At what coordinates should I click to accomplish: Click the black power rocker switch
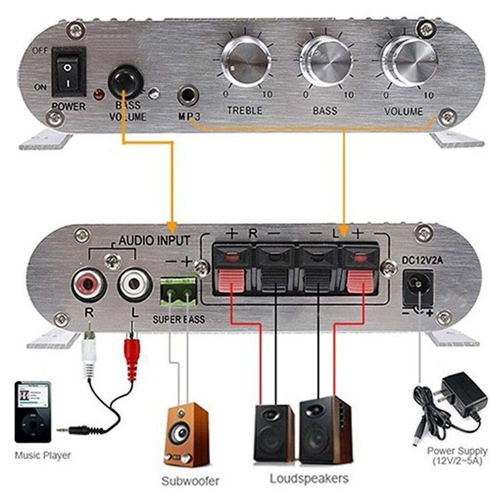tap(69, 71)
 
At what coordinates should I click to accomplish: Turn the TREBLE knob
tap(245, 62)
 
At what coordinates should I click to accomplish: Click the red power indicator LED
tap(99, 94)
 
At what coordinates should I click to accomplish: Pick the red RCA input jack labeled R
tap(89, 286)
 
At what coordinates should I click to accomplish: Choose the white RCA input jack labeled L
tap(136, 286)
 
